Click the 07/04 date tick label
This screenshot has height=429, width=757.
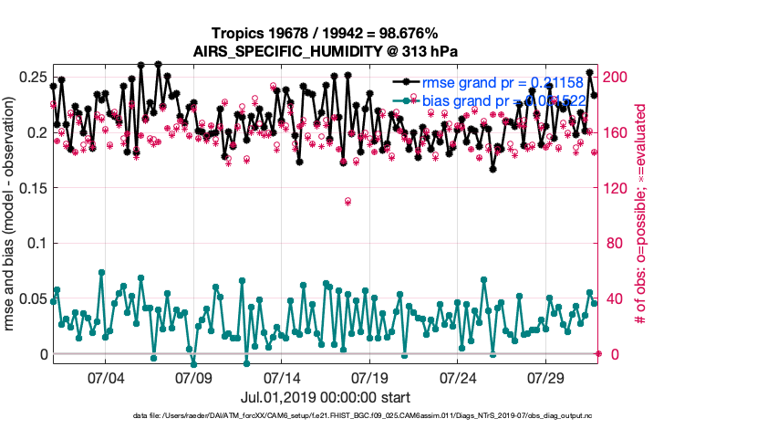click(105, 377)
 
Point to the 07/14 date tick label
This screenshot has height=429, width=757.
click(282, 377)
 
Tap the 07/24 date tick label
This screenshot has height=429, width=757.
click(459, 377)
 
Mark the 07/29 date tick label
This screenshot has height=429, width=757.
click(547, 377)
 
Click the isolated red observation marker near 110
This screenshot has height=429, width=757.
click(348, 201)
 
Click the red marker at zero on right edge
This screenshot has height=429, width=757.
click(598, 353)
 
